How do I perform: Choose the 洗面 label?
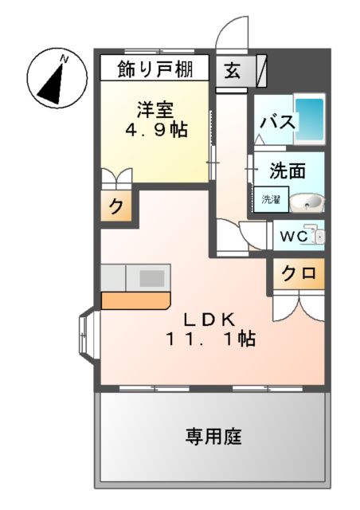pyautogui.click(x=286, y=171)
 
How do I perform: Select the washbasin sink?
pyautogui.click(x=307, y=202)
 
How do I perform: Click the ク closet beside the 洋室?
pyautogui.click(x=115, y=208)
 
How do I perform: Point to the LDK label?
pyautogui.click(x=209, y=320)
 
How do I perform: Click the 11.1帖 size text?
pyautogui.click(x=210, y=339)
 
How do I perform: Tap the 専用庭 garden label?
pyautogui.click(x=213, y=436)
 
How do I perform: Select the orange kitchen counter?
pyautogui.click(x=135, y=301)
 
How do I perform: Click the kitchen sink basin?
pyautogui.click(x=152, y=278)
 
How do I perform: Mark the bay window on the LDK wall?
pyautogui.click(x=85, y=337)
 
